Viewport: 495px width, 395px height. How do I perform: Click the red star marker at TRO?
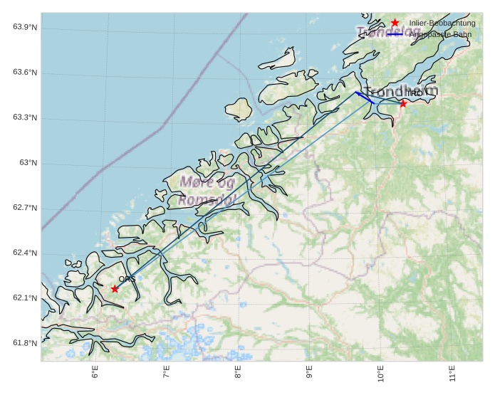pyautogui.click(x=403, y=103)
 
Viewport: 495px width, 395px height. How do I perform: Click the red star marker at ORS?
pyautogui.click(x=115, y=288)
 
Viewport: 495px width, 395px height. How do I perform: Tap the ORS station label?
pyautogui.click(x=127, y=279)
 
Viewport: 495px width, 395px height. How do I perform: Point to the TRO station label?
pyautogui.click(x=414, y=93)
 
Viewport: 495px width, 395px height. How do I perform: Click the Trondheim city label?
pyautogui.click(x=401, y=92)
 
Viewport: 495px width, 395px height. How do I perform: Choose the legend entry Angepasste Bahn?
pyautogui.click(x=439, y=34)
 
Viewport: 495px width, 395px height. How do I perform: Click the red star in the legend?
pyautogui.click(x=395, y=23)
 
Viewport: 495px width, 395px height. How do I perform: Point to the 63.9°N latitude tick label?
pyautogui.click(x=25, y=27)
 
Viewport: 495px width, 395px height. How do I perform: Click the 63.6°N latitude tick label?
pyautogui.click(x=25, y=73)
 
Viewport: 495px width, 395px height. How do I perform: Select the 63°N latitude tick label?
pyautogui.click(x=28, y=163)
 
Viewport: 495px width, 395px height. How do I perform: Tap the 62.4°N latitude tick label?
pyautogui.click(x=25, y=253)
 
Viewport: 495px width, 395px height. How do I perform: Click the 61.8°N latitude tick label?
pyautogui.click(x=25, y=344)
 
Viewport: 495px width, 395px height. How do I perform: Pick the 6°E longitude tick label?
pyautogui.click(x=95, y=373)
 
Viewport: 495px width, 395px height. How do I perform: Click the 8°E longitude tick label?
pyautogui.click(x=238, y=373)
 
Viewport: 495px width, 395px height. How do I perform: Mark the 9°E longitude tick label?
pyautogui.click(x=309, y=373)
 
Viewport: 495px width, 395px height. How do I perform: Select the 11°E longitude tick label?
pyautogui.click(x=452, y=373)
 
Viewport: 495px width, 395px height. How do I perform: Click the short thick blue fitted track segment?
pyautogui.click(x=365, y=98)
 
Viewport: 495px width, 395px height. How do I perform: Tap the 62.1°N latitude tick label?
pyautogui.click(x=25, y=298)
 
